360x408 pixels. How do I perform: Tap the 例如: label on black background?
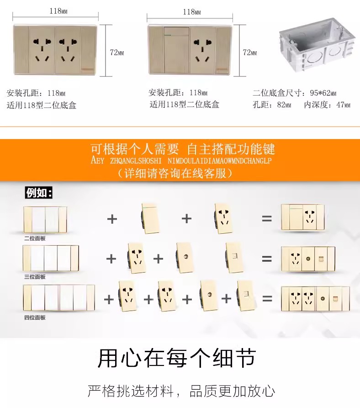coord(39,193)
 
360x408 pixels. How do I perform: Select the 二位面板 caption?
coord(35,238)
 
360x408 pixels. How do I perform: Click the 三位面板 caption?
coord(35,277)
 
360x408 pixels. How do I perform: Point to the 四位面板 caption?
coord(35,317)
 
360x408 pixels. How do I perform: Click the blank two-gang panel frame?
coord(45,220)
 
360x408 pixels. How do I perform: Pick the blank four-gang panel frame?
coord(59,298)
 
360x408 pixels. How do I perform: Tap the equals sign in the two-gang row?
coord(267,219)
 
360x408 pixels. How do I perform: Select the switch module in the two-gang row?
coord(150,218)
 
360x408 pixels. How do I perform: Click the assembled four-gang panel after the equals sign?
coord(316,299)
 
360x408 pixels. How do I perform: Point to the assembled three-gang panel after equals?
coord(308,259)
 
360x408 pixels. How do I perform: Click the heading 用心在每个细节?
coord(177,358)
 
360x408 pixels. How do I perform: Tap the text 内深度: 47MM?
coord(327,105)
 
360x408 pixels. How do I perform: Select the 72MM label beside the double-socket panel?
coord(116,53)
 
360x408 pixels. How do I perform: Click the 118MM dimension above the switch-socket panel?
coord(192,12)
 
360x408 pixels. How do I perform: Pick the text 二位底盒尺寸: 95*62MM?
coord(295,93)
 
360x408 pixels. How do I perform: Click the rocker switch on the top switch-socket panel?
coord(177,50)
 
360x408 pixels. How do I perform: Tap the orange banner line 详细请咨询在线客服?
coord(175,173)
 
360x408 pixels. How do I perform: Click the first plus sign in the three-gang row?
coord(111,258)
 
